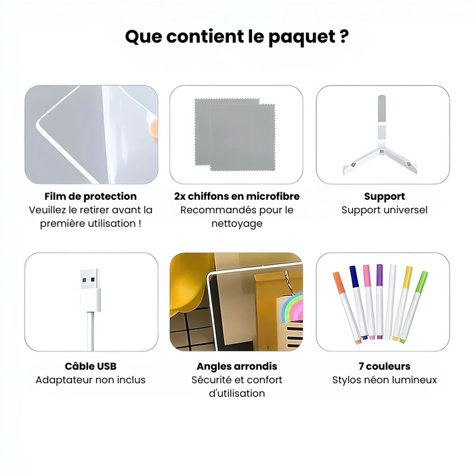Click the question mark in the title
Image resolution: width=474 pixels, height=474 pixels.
343,37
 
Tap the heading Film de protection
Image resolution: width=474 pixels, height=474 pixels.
91,196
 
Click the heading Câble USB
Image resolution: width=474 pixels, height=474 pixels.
91,366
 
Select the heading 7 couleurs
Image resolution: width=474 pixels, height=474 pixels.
384,366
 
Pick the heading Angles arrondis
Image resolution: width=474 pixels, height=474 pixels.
236,366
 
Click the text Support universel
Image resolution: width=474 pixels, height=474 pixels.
384,210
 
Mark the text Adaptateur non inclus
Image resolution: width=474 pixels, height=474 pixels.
91,380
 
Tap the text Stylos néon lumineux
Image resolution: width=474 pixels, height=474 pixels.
384,380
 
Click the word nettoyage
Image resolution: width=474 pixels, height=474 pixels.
236,223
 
